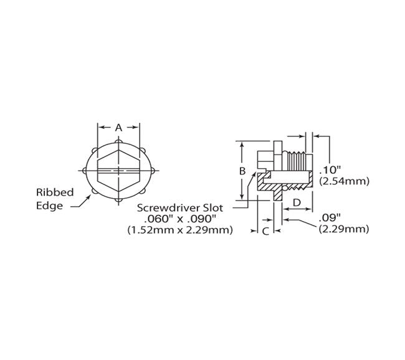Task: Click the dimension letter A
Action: tap(118, 127)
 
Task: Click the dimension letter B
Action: tap(242, 169)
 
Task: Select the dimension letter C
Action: tap(266, 231)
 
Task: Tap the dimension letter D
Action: tap(297, 202)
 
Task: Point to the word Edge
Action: tap(50, 206)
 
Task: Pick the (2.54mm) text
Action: tap(344, 181)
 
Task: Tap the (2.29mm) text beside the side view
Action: tap(344, 229)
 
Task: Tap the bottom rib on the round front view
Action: tap(118, 201)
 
